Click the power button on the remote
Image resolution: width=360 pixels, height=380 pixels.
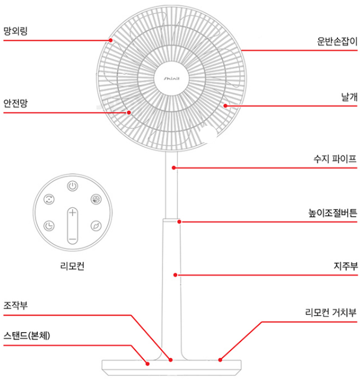pyautogui.click(x=72, y=186)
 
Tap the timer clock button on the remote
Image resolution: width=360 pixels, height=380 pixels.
pyautogui.click(x=50, y=225)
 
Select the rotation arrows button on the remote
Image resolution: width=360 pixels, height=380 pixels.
pyautogui.click(x=50, y=200)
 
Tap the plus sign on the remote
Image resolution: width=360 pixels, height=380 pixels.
pyautogui.click(x=72, y=213)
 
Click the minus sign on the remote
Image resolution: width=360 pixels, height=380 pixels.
pyautogui.click(x=72, y=239)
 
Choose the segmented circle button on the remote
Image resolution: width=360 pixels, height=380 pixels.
pyautogui.click(x=95, y=200)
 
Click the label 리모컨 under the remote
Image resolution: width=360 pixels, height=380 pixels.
pyautogui.click(x=72, y=266)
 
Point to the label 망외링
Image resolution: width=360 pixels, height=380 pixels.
pyautogui.click(x=16, y=30)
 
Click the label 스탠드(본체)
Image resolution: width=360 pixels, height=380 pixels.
pyautogui.click(x=27, y=336)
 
